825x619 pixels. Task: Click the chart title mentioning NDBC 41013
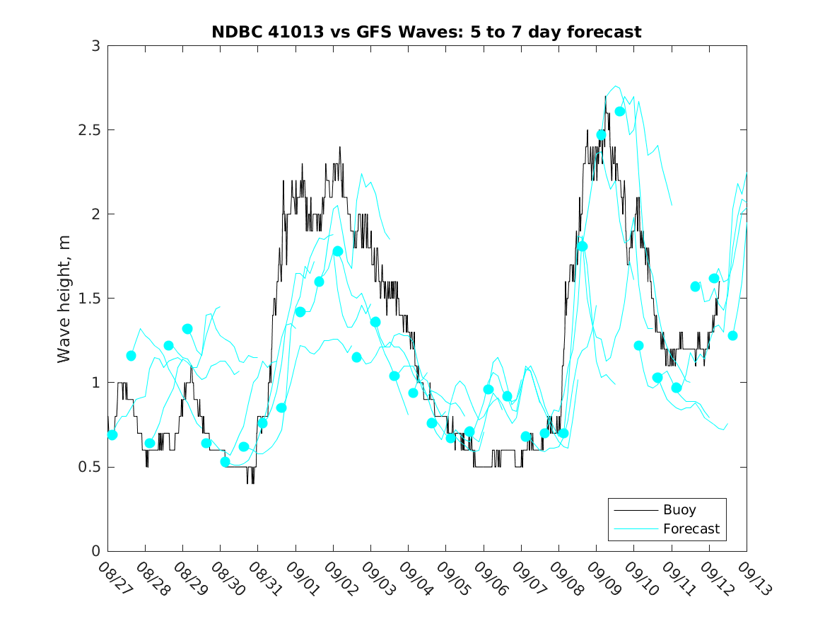(x=426, y=32)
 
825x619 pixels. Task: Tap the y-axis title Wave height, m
(x=64, y=299)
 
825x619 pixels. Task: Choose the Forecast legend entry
(x=691, y=528)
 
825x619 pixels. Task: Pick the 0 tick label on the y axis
(x=95, y=551)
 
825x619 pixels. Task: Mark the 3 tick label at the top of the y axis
(x=95, y=46)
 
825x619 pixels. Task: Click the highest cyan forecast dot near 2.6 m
(x=620, y=111)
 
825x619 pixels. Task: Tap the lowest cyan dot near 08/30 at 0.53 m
(x=225, y=462)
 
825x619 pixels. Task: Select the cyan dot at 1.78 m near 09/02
(x=338, y=251)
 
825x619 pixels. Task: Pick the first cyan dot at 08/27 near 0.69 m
(x=112, y=435)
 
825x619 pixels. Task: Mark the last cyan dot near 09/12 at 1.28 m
(x=732, y=335)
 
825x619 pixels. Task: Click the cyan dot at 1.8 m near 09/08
(x=583, y=246)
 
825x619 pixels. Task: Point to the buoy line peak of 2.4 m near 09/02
(x=339, y=147)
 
